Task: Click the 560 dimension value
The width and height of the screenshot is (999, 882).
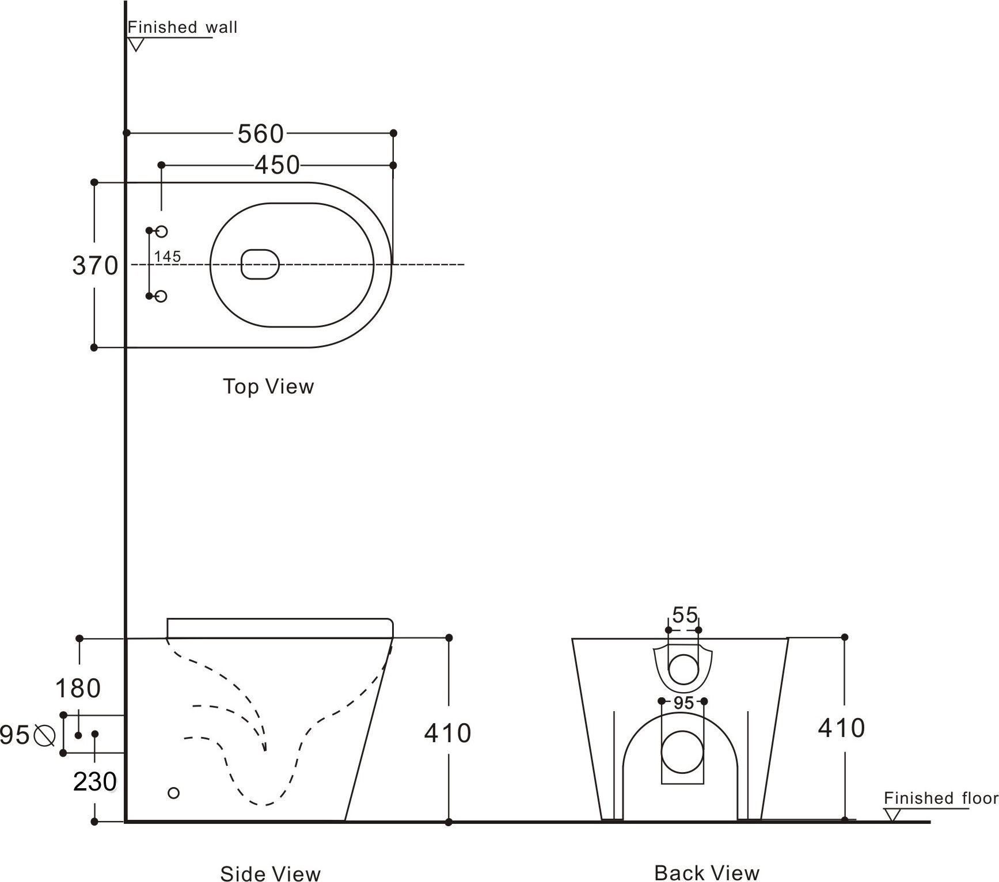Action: point(261,133)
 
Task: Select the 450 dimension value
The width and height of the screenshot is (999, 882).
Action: point(277,165)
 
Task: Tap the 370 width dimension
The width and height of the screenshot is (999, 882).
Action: point(95,266)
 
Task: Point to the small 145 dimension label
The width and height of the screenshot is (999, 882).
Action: point(168,257)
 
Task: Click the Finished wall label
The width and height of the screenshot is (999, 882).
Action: point(182,27)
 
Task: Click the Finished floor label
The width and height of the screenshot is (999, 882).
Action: point(940,798)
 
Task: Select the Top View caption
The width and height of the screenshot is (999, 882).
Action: point(268,386)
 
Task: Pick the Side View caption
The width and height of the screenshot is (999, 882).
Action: point(270,873)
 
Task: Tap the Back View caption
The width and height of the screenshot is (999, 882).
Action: point(706,872)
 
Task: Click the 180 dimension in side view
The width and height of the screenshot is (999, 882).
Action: point(78,688)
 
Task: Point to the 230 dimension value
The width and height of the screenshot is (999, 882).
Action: point(95,782)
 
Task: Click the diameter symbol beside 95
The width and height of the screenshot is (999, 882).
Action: point(44,735)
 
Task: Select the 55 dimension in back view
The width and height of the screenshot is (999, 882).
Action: point(685,615)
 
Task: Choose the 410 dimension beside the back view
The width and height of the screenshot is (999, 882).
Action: point(841,728)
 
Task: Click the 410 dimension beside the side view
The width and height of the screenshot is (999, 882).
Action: point(447,733)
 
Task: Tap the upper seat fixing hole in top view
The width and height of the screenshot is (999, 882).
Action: point(162,231)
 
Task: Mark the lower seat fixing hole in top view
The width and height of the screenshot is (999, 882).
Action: point(162,296)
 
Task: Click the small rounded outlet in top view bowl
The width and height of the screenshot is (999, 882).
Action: point(260,265)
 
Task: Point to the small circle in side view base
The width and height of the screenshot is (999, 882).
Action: point(173,793)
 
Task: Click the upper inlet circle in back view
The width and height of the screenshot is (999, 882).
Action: point(683,669)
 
